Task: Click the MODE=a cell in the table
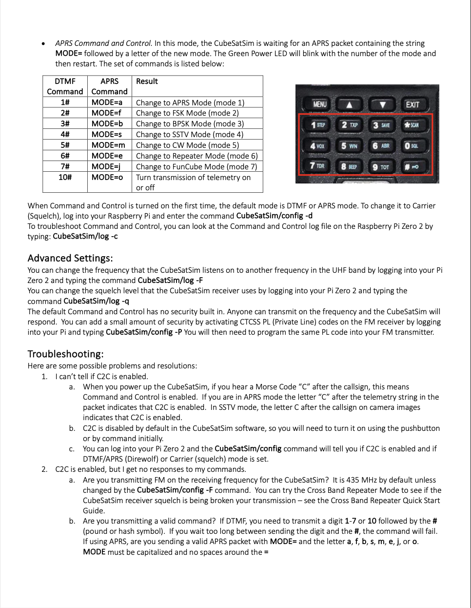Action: pos(107,102)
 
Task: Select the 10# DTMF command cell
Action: pos(65,177)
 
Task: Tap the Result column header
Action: pos(147,81)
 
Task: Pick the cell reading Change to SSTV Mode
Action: pos(189,135)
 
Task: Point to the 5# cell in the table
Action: pos(65,145)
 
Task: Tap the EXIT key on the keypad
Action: pos(412,104)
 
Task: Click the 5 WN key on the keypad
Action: pos(349,145)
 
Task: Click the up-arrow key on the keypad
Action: pos(349,104)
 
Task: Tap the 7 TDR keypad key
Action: pos(317,166)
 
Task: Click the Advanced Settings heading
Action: pos(70,258)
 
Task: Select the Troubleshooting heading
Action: pos(65,354)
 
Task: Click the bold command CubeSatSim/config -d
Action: pos(274,216)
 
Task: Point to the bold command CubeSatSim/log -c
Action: pos(85,237)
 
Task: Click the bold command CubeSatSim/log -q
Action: pos(96,301)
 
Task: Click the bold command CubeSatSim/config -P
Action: pos(144,332)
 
